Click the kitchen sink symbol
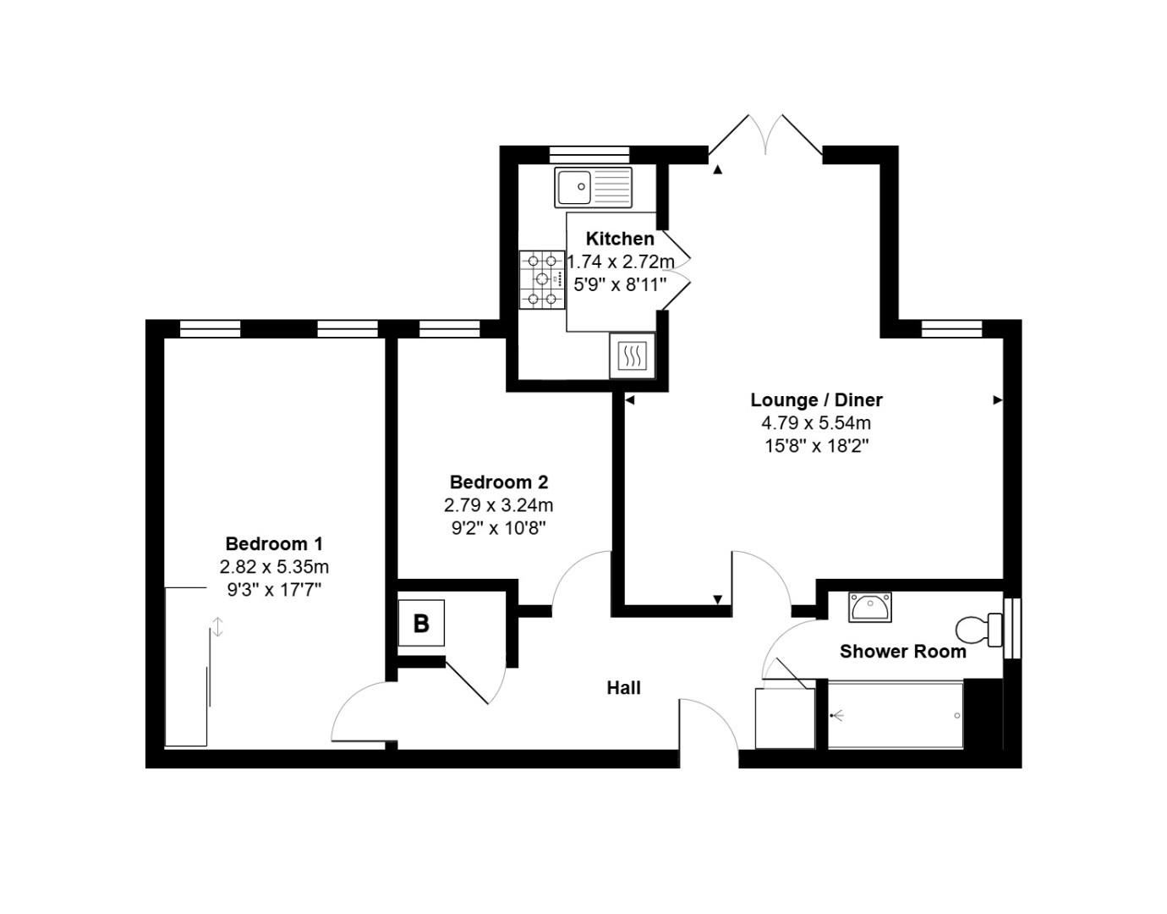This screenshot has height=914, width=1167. coord(593,187)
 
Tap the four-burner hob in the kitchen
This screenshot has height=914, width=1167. coord(542,279)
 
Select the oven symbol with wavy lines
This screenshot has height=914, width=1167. coord(632,355)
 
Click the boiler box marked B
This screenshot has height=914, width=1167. coord(421,624)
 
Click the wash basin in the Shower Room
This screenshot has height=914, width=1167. coord(869,607)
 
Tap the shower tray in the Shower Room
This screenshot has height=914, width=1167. coord(895,715)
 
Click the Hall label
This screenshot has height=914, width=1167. coord(623,688)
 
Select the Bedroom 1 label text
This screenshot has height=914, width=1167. coord(274,543)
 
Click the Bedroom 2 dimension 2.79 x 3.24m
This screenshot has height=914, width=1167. coord(499,505)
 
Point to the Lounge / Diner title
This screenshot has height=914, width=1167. coord(816,399)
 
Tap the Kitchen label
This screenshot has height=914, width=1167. coord(620,239)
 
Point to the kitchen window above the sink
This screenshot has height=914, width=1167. coord(589,154)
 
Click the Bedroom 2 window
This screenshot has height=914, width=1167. coord(450,328)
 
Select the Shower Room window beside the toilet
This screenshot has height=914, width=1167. coord(1011,628)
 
